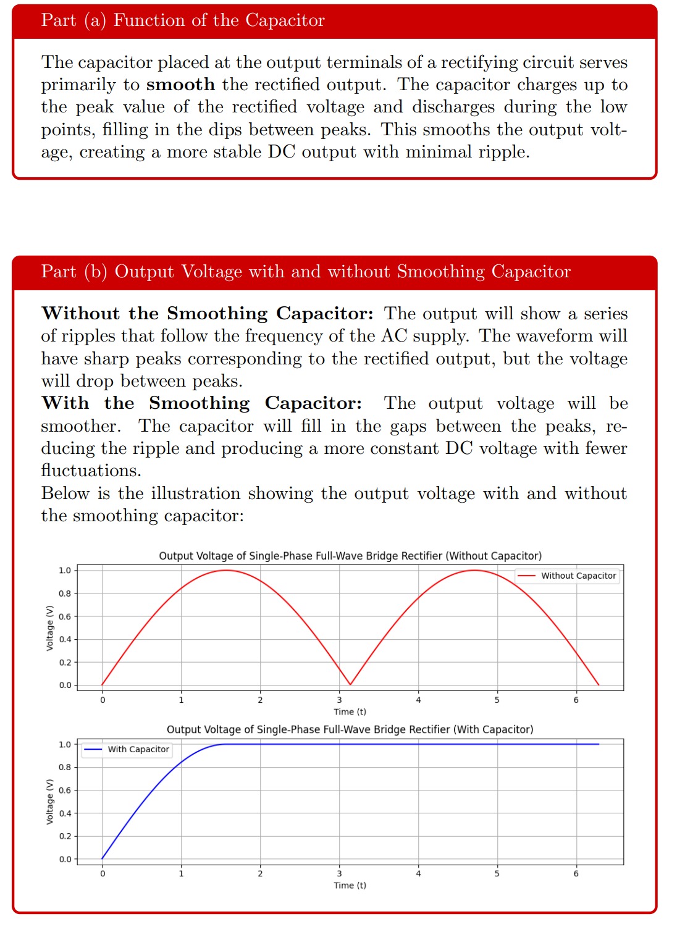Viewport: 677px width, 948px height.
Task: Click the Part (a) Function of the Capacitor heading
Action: pyautogui.click(x=183, y=20)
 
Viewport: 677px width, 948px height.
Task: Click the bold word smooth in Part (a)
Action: pyautogui.click(x=180, y=85)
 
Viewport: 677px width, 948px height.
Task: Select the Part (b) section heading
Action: pyautogui.click(x=306, y=272)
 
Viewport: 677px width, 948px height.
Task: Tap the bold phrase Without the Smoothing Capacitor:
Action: pyautogui.click(x=208, y=314)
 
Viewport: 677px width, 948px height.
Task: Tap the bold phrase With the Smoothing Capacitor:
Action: pyautogui.click(x=201, y=403)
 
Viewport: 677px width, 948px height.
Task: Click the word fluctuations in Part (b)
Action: pyautogui.click(x=91, y=471)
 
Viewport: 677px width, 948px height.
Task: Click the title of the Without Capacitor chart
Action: pyautogui.click(x=350, y=556)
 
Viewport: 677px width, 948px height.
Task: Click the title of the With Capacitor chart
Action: pyautogui.click(x=350, y=729)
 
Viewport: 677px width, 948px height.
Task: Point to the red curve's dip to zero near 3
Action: pyautogui.click(x=350, y=684)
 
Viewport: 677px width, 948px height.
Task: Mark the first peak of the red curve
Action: pyautogui.click(x=226, y=570)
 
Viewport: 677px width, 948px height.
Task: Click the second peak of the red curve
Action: pyautogui.click(x=474, y=570)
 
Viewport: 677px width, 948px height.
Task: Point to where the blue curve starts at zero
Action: pyautogui.click(x=103, y=858)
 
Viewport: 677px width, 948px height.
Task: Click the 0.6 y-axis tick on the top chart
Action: pyautogui.click(x=65, y=616)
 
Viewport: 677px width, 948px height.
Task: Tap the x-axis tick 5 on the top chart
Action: pyautogui.click(x=497, y=700)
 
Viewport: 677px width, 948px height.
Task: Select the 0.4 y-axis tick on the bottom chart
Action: pyautogui.click(x=65, y=813)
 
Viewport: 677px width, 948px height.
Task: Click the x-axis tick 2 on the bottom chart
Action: pyautogui.click(x=260, y=873)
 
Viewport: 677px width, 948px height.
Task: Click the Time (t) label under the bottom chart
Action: pyautogui.click(x=350, y=885)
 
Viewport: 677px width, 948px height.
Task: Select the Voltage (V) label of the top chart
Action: pyautogui.click(x=50, y=627)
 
